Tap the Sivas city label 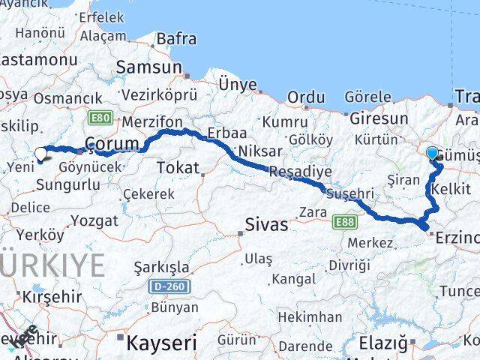pos(265,223)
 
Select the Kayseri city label pos(161,343)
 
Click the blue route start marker pos(433,154)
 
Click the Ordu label pos(307,97)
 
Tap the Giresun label pos(378,118)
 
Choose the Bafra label pos(177,38)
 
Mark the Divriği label pos(349,265)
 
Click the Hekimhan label pos(308,317)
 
